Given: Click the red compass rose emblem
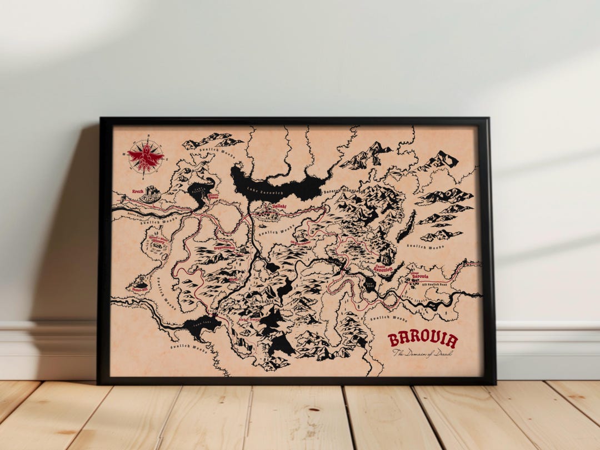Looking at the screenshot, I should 146,156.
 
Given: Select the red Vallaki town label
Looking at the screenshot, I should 278,206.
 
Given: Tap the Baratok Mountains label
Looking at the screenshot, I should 343,191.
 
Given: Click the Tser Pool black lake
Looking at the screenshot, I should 368,284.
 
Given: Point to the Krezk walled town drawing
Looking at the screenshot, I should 150,194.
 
